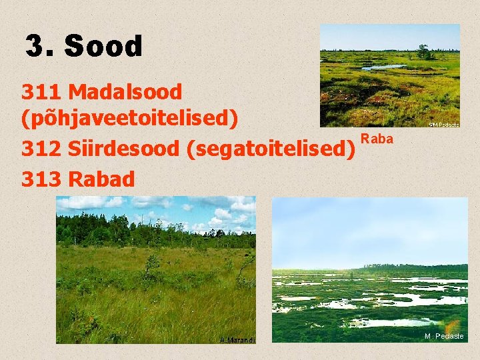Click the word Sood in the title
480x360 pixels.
point(104,47)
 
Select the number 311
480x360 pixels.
point(41,92)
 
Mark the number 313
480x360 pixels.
point(41,179)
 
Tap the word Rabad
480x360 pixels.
point(101,179)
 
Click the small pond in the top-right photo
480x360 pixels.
point(383,67)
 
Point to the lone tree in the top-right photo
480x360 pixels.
point(423,51)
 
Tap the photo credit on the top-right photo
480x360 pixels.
point(443,124)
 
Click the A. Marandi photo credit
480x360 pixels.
point(237,339)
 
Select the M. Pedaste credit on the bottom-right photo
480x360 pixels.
point(445,336)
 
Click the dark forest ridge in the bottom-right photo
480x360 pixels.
point(413,269)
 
